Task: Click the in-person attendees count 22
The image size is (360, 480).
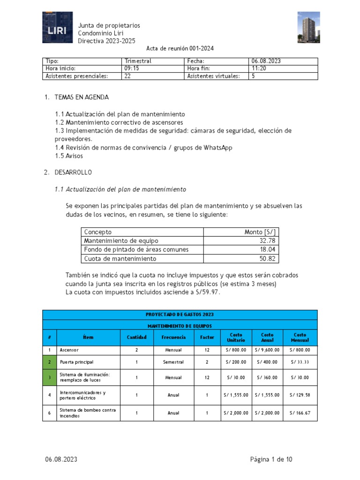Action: click(x=127, y=76)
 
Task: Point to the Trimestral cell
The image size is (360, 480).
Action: click(x=138, y=61)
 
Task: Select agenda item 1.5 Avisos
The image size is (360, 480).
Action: click(x=71, y=156)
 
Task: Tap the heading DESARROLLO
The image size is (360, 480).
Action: click(x=73, y=172)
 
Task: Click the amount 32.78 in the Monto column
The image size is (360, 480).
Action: click(x=267, y=241)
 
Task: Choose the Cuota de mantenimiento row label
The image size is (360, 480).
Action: click(x=120, y=259)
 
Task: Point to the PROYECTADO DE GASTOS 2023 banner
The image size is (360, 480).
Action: click(x=180, y=315)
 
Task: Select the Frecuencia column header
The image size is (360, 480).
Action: click(x=173, y=337)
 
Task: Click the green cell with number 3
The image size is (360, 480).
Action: click(x=49, y=377)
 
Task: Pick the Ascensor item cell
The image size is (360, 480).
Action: click(x=69, y=350)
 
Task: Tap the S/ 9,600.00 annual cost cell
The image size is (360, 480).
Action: click(x=267, y=350)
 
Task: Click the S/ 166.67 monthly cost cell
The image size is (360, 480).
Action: click(x=300, y=413)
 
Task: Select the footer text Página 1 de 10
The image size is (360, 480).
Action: click(x=271, y=459)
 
